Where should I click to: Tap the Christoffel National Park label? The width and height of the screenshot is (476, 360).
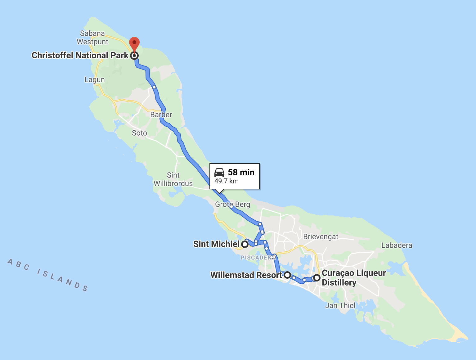[x=80, y=56]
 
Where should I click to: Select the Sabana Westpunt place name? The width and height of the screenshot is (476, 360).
[x=92, y=38]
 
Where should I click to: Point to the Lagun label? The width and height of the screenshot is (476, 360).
[x=95, y=80]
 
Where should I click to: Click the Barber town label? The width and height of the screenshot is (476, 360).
[x=161, y=115]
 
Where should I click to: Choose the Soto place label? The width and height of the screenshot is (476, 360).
[x=139, y=133]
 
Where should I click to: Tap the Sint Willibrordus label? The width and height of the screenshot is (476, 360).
[x=173, y=179]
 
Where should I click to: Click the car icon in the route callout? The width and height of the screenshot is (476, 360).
[x=219, y=172]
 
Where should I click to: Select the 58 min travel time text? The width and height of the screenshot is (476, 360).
[x=241, y=172]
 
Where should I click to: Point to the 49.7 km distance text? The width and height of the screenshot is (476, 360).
[x=227, y=181]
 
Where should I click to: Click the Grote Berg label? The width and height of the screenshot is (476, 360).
[x=232, y=205]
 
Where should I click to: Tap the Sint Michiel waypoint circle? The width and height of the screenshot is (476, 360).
[x=245, y=244]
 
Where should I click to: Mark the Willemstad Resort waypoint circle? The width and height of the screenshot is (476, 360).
[x=287, y=275]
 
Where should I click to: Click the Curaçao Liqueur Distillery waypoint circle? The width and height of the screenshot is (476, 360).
[x=317, y=278]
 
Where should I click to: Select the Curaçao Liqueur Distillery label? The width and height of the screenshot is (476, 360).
[x=353, y=278]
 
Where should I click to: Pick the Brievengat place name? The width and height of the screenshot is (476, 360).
[x=321, y=237]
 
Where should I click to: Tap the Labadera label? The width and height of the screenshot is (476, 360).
[x=397, y=245]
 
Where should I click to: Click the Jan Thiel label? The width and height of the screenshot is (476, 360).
[x=340, y=306]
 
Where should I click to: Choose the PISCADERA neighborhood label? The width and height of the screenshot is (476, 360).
[x=256, y=258]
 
